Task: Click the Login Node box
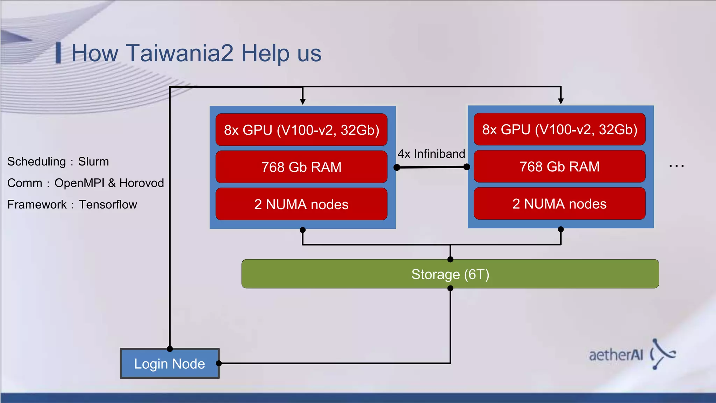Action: click(170, 363)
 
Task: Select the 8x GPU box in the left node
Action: click(301, 130)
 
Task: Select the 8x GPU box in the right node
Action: click(559, 129)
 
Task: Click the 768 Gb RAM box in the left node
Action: click(301, 167)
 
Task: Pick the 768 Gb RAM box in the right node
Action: click(559, 167)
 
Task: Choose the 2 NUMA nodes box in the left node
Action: click(301, 204)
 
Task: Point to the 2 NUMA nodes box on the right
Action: click(559, 204)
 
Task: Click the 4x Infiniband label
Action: click(431, 154)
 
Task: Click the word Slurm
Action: click(93, 162)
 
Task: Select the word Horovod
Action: click(141, 183)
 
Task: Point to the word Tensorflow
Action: click(108, 205)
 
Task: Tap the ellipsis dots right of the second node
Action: click(676, 166)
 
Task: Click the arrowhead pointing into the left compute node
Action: click(303, 101)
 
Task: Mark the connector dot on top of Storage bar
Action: click(450, 259)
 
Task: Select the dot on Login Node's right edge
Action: click(219, 363)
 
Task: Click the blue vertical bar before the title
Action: click(58, 53)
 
